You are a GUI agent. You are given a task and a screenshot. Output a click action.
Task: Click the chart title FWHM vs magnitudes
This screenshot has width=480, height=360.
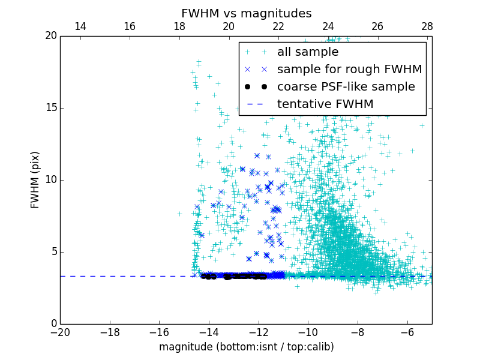click(246, 13)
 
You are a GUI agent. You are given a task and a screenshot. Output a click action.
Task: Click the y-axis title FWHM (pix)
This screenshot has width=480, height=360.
click(35, 180)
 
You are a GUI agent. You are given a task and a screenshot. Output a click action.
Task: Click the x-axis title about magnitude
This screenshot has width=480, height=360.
click(246, 347)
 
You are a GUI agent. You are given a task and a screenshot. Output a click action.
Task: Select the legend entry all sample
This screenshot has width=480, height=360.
click(307, 52)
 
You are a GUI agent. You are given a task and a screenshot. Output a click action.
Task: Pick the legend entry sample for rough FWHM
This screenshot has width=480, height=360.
click(349, 70)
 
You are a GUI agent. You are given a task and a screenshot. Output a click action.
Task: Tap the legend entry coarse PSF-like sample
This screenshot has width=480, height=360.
click(346, 87)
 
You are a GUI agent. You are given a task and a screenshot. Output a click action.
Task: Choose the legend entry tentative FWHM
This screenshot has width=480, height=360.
click(325, 104)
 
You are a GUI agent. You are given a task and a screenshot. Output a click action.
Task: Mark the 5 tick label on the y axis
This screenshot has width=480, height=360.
click(53, 252)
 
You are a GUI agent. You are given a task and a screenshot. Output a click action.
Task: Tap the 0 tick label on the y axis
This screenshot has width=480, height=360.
click(53, 324)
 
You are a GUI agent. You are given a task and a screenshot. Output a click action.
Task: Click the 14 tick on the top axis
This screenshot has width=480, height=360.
click(80, 26)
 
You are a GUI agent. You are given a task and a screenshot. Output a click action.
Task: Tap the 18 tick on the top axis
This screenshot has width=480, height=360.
click(179, 26)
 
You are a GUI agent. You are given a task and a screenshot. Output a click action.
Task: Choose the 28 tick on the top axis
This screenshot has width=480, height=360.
click(427, 26)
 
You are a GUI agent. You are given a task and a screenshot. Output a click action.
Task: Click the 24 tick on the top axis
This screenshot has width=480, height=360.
click(328, 26)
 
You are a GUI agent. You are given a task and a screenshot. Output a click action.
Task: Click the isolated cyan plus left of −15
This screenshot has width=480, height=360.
click(179, 213)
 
